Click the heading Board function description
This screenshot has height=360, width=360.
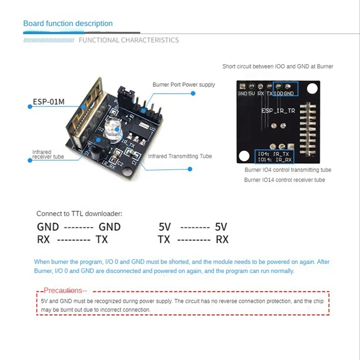68,23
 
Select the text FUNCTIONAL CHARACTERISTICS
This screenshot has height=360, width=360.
129,40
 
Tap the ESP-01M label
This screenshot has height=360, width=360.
49,102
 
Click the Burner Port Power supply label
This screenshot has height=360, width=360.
184,85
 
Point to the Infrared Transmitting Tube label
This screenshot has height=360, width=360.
180,156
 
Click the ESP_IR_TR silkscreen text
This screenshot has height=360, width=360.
278,110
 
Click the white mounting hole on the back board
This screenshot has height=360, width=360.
244,156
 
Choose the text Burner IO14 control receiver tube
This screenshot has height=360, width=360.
284,180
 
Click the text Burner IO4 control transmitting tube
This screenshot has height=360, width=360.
288,170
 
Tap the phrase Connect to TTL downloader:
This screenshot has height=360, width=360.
79,214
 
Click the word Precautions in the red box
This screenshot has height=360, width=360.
63,291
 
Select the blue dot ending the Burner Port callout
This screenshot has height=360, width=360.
193,93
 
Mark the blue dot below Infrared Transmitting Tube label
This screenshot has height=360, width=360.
190,169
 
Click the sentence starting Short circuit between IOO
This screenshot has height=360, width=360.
278,67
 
